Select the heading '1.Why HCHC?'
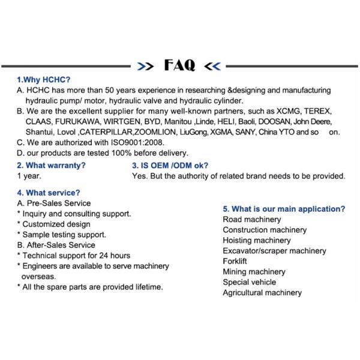(44, 79)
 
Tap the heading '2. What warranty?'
(51, 165)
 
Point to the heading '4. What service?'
(49, 193)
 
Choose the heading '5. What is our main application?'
(284, 209)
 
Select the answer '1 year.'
(29, 176)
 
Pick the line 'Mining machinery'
(254, 272)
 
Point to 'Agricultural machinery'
(262, 293)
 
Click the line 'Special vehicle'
(250, 282)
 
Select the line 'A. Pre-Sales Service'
(54, 203)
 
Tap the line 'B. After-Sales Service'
(56, 245)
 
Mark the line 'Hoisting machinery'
(257, 240)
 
